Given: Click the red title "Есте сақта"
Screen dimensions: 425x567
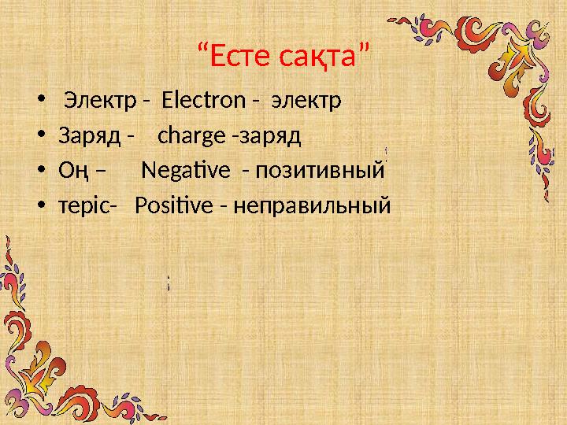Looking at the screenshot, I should pyautogui.click(x=283, y=56).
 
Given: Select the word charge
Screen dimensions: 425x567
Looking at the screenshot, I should pyautogui.click(x=191, y=135).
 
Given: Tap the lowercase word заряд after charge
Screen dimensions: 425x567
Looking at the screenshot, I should pyautogui.click(x=271, y=136).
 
